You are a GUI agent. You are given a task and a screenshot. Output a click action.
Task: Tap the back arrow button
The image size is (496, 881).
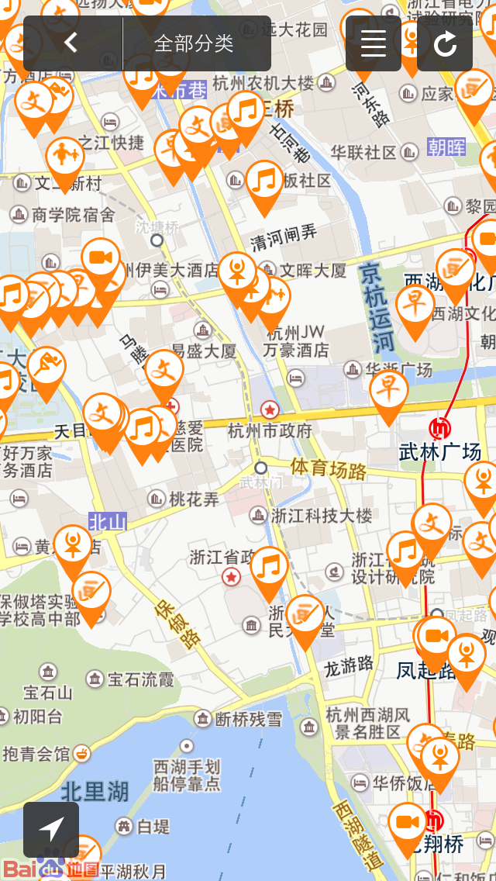pyautogui.click(x=71, y=43)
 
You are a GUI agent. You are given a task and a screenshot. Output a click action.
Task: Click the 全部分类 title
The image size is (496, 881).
pyautogui.click(x=194, y=43)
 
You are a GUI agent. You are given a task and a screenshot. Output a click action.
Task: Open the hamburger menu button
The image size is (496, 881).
pyautogui.click(x=373, y=43)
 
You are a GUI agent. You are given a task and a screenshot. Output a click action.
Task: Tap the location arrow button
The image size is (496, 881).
pyautogui.click(x=51, y=829)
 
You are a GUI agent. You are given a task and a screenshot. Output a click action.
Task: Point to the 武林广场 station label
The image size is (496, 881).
pyautogui.click(x=439, y=451)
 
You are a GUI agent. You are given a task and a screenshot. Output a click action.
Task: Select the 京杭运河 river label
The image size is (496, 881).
pyautogui.click(x=377, y=306)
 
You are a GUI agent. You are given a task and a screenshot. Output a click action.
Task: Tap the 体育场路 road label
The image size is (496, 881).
pyautogui.click(x=329, y=468)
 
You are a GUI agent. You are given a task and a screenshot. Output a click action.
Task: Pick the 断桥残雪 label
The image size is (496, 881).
pyautogui.click(x=248, y=719)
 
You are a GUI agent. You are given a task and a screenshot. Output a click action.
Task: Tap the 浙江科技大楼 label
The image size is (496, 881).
pyautogui.click(x=321, y=515)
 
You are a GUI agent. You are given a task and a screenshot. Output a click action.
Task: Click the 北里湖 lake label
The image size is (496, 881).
pyautogui.click(x=95, y=791)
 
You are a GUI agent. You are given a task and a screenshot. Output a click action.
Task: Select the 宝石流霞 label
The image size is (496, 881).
pyautogui.click(x=140, y=680)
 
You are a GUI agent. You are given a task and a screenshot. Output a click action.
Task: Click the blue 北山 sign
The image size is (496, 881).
pyautogui.click(x=107, y=521)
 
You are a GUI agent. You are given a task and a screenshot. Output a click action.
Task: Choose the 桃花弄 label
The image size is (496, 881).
pyautogui.click(x=194, y=499)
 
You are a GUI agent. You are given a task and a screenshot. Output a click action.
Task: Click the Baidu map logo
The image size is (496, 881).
pyautogui.click(x=51, y=869)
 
